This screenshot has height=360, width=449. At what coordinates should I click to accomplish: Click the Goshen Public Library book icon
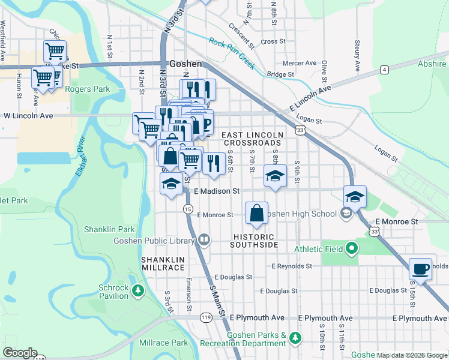(x=205, y=241)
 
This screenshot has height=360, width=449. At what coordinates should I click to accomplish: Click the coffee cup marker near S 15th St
(x=420, y=269)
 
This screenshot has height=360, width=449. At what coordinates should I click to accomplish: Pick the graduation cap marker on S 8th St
(x=274, y=176)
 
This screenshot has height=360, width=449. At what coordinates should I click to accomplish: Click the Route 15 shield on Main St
(x=188, y=209)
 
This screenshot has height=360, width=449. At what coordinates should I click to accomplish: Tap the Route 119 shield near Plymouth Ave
(x=206, y=317)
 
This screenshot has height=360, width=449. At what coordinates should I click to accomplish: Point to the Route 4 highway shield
(x=383, y=70)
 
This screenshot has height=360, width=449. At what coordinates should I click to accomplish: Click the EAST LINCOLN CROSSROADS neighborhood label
(x=252, y=139)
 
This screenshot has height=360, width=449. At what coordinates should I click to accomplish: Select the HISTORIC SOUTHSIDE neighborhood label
(x=255, y=241)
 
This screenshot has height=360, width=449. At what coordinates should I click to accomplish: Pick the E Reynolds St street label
(x=292, y=266)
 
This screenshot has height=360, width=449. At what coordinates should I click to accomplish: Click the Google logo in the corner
(x=20, y=353)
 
